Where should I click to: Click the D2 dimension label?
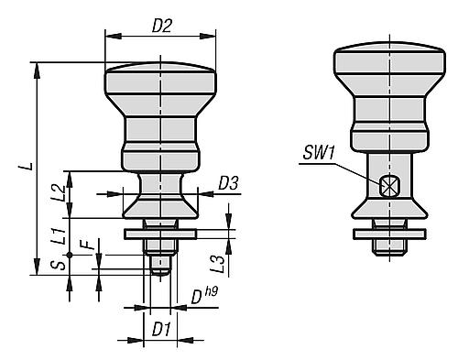pyautogui.click(x=161, y=27)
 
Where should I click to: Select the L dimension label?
pyautogui.click(x=32, y=168)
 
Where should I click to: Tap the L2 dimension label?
pyautogui.click(x=57, y=192)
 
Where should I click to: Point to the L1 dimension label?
pyautogui.click(x=57, y=234)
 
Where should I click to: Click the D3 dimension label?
pyautogui.click(x=228, y=184)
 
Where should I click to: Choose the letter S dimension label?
pyautogui.click(x=57, y=266)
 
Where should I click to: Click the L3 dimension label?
pyautogui.click(x=217, y=263)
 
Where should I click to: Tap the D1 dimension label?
pyautogui.click(x=161, y=327)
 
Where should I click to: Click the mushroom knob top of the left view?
pyautogui.click(x=161, y=78)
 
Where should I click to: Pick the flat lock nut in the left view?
pyautogui.click(x=161, y=234)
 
